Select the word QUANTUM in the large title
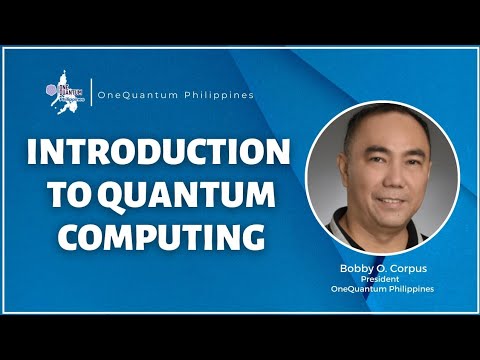(x=198, y=196)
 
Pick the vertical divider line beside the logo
(x=90, y=94)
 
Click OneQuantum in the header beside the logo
(x=133, y=95)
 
